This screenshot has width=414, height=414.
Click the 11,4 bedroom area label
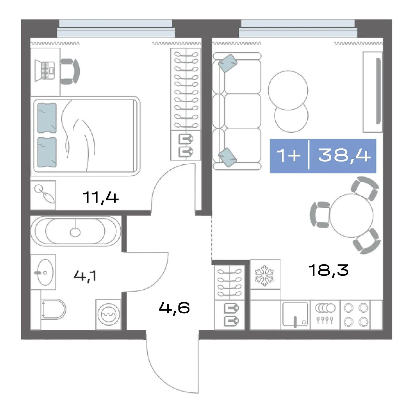(x=100, y=198)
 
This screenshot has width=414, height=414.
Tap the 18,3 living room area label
(x=328, y=270)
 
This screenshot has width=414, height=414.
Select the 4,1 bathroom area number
(x=85, y=276)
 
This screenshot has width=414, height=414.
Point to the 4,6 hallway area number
(x=174, y=308)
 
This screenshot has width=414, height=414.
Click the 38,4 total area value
(x=344, y=156)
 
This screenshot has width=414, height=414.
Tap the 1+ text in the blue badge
(x=288, y=155)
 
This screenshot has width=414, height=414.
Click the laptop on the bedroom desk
(x=45, y=71)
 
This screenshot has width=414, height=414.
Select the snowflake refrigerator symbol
(x=264, y=276)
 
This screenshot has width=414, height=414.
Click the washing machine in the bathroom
(x=108, y=314)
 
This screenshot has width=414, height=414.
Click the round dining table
(x=352, y=215)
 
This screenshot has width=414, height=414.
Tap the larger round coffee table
(x=288, y=90)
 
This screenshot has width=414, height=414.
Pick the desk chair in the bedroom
(x=70, y=71)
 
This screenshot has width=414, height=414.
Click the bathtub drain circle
(x=75, y=232)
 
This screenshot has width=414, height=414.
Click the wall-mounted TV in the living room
(x=378, y=91)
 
